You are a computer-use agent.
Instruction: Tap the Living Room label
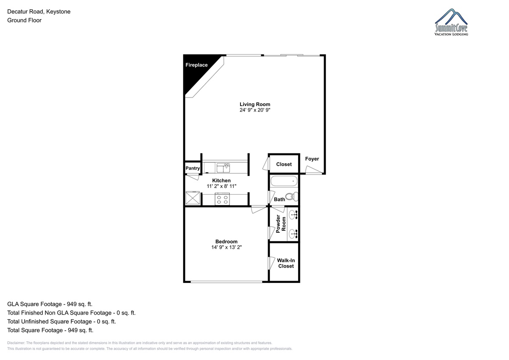pyautogui.click(x=255, y=104)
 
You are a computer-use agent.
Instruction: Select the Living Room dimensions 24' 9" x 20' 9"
pyautogui.click(x=255, y=110)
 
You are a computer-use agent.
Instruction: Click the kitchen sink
pyautogui.click(x=223, y=168)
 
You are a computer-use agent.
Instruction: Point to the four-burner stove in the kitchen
pyautogui.click(x=222, y=199)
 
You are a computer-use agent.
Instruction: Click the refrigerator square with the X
pyautogui.click(x=193, y=198)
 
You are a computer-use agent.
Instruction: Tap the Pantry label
pyautogui.click(x=193, y=168)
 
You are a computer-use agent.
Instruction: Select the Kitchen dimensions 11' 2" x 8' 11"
pyautogui.click(x=221, y=186)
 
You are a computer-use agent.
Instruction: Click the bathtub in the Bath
pyautogui.click(x=284, y=181)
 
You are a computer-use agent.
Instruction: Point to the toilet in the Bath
pyautogui.click(x=292, y=196)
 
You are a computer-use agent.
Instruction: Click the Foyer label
pyautogui.click(x=312, y=159)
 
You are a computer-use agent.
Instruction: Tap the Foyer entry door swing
pyautogui.click(x=313, y=170)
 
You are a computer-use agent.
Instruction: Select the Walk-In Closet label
pyautogui.click(x=286, y=263)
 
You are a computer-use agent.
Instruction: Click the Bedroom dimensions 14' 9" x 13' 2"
pyautogui.click(x=227, y=247)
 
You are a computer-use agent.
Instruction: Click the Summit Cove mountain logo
pyautogui.click(x=451, y=22)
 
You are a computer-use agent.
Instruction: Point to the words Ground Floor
pyautogui.click(x=24, y=20)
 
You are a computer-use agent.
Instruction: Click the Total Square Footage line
pyautogui.click(x=50, y=330)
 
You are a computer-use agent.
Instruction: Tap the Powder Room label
pyautogui.click(x=281, y=224)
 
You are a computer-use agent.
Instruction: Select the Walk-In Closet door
pyautogui.click(x=271, y=263)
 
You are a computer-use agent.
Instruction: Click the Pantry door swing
pyautogui.click(x=193, y=177)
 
